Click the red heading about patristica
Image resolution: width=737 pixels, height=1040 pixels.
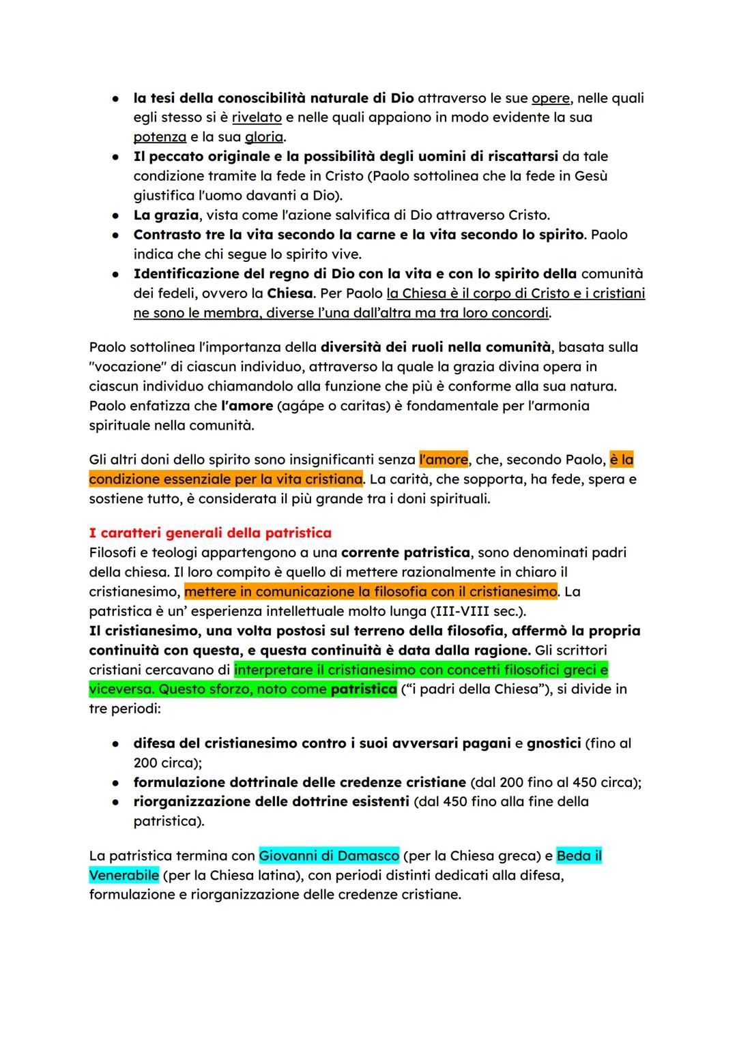[210, 533]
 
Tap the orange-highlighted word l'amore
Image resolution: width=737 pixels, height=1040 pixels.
[444, 460]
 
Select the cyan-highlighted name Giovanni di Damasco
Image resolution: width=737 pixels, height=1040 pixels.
[329, 855]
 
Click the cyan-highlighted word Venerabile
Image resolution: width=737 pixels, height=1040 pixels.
[124, 875]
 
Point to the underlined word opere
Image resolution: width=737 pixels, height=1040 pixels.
[551, 98]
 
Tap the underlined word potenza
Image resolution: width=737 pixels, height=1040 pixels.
[159, 137]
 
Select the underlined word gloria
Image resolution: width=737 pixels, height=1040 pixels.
[264, 137]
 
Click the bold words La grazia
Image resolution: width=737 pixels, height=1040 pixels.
[166, 216]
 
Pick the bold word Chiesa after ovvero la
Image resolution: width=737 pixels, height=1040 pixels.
[290, 294]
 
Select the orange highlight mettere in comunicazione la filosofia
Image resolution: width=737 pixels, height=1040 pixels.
[371, 591]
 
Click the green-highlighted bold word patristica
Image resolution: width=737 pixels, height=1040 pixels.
[363, 689]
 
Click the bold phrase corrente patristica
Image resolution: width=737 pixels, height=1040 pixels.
[405, 552]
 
